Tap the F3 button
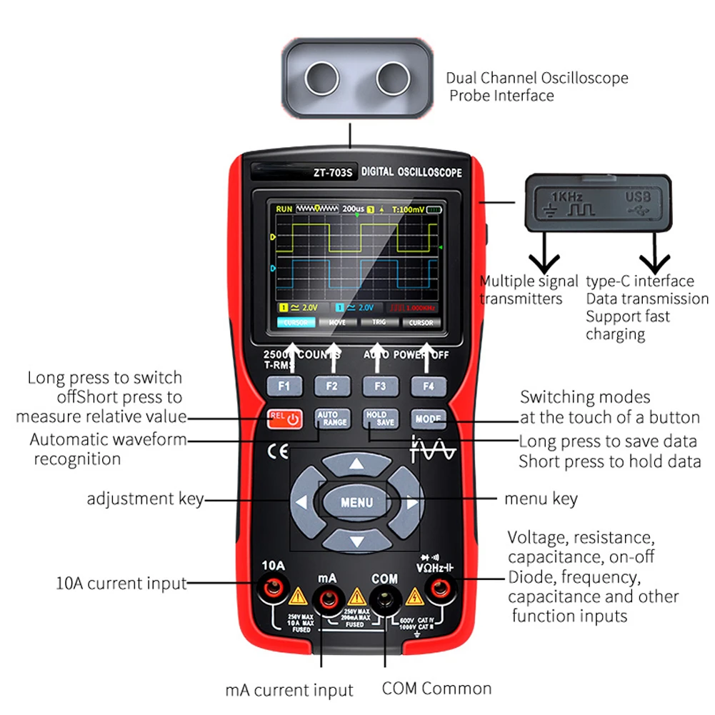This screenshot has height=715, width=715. tap(380, 386)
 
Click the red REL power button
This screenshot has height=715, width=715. tap(284, 419)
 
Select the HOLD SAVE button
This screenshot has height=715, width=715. tap(380, 419)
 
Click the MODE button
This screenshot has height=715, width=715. tap(428, 419)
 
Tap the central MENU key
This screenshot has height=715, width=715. tap(356, 501)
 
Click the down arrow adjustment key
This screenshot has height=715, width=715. tap(356, 540)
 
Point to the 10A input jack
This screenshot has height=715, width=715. tap(272, 589)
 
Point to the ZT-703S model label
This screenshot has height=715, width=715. tap(334, 172)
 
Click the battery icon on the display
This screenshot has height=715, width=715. tap(434, 209)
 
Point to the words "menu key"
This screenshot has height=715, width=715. tap(541, 498)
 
